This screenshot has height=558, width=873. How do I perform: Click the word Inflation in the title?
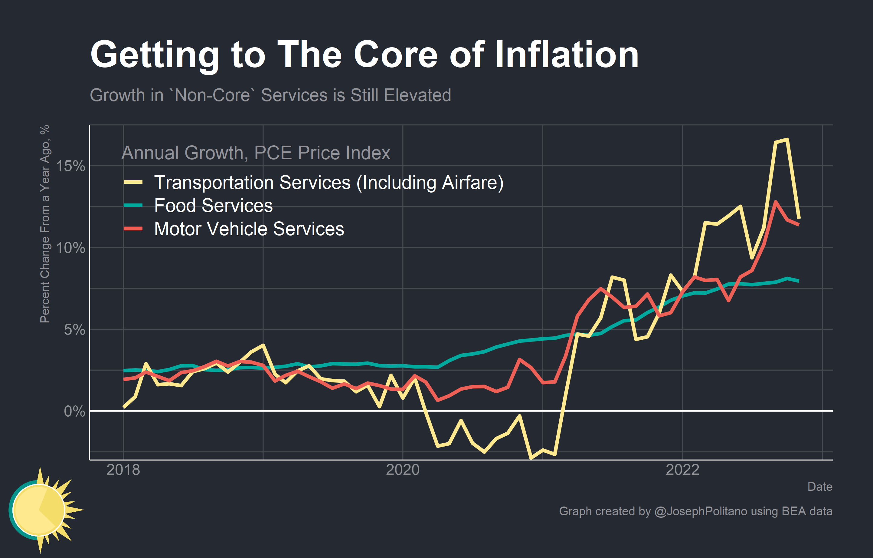(x=566, y=55)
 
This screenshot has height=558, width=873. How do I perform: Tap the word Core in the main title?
(x=396, y=55)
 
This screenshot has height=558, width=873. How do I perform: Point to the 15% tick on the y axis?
(x=70, y=166)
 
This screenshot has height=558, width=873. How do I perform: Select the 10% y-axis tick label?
(x=70, y=248)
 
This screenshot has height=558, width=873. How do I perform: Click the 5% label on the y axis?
(x=74, y=330)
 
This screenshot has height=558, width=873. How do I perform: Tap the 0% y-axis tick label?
(x=74, y=411)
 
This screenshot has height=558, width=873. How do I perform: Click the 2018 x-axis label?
(x=123, y=470)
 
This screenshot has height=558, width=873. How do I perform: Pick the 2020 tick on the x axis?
(x=403, y=470)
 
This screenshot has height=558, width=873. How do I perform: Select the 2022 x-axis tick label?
(x=682, y=470)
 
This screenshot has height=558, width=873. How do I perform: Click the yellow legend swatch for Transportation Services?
(x=133, y=183)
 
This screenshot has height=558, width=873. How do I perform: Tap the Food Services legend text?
(x=213, y=206)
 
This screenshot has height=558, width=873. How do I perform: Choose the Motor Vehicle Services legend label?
(x=249, y=229)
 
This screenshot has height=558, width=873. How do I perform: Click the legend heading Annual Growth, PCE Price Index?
(x=256, y=153)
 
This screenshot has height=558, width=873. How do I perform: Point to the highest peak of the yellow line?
(x=787, y=140)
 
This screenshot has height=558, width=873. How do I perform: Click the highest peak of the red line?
(x=776, y=202)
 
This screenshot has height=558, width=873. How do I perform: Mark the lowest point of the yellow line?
(x=531, y=458)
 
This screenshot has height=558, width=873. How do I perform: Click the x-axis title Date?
(x=820, y=487)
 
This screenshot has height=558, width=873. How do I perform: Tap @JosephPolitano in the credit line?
(x=701, y=511)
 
